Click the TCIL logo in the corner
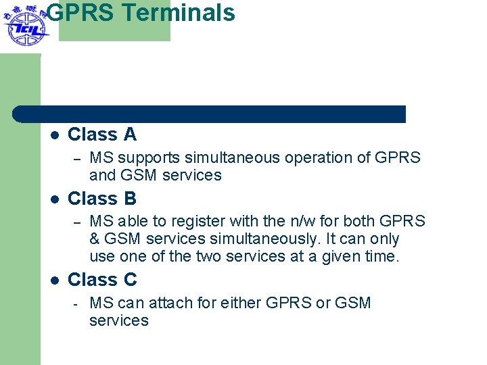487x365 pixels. click(24, 26)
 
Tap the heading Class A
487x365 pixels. click(102, 135)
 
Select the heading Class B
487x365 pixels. click(102, 199)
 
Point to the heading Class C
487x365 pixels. click(102, 280)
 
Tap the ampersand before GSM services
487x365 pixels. click(95, 239)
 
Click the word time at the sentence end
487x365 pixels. click(382, 257)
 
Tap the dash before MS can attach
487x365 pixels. click(77, 303)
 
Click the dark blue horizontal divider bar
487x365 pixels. click(210, 114)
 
